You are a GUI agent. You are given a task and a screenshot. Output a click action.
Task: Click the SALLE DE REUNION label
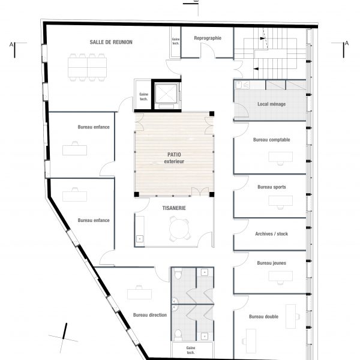pos(111,42)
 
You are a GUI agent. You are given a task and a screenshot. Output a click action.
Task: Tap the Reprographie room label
pos(208,38)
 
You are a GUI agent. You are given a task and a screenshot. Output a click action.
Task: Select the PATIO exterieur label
pos(174,158)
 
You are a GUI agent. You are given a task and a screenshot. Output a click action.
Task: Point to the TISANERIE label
pos(174,208)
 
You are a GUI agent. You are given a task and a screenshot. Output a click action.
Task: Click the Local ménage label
pos(272,104)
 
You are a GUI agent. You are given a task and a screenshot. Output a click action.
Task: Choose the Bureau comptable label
pos(272,140)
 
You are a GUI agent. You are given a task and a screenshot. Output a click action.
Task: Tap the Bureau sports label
pos(272,187)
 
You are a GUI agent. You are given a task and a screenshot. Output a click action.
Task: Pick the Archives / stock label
pos(271,234)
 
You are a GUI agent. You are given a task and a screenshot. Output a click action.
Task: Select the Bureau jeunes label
pos(272,263)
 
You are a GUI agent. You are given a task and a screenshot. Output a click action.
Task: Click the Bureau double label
pos(263,317)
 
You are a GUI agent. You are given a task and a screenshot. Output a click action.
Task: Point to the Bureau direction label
pos(150,315)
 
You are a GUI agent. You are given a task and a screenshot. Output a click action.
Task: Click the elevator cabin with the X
pos(166,94)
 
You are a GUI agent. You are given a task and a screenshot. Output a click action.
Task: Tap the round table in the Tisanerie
pos(179,229)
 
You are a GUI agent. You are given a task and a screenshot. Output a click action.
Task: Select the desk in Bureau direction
pos(139,294)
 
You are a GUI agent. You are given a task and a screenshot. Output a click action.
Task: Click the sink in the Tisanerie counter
pos(140,239)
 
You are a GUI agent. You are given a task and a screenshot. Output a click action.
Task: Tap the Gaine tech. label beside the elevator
pos(144,97)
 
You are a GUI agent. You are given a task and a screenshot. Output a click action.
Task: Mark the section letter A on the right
pos(347,43)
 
